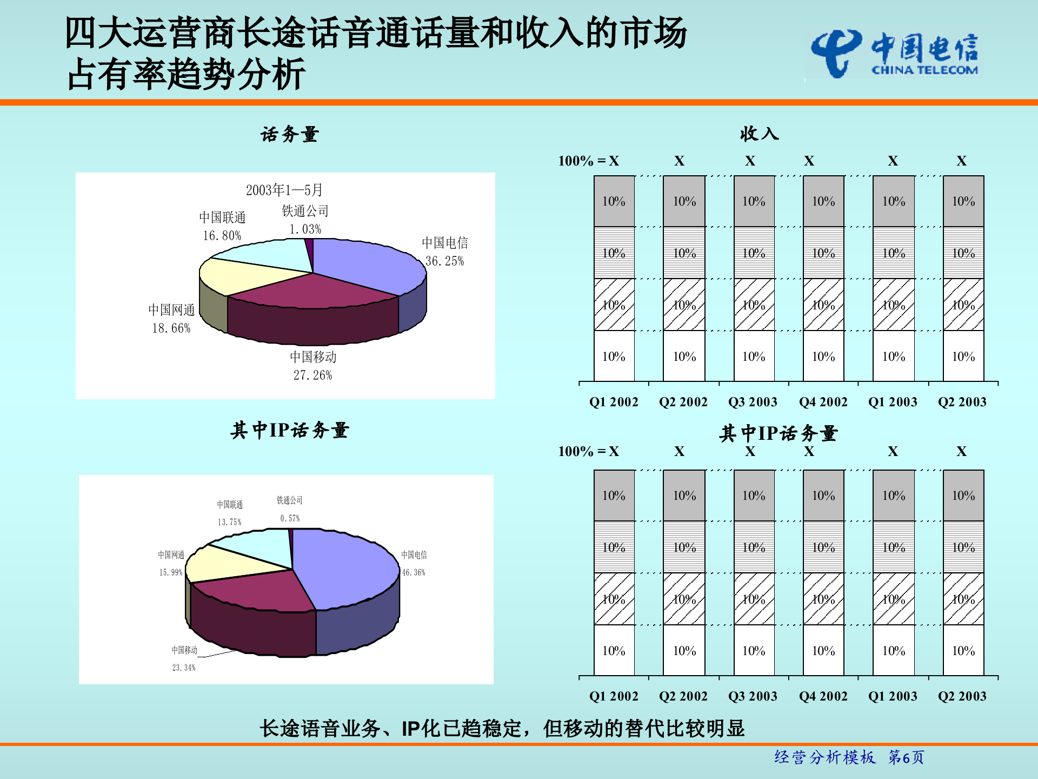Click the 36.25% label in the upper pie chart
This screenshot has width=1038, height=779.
click(444, 261)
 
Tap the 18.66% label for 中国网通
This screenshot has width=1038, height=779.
click(171, 328)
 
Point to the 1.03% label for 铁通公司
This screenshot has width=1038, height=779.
click(305, 229)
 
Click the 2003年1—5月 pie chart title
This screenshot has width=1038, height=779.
click(284, 190)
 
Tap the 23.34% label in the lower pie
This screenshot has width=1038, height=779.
click(184, 668)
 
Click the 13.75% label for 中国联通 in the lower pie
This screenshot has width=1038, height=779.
click(229, 522)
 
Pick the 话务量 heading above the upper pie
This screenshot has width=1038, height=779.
click(290, 134)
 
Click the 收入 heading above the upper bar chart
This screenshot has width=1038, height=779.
click(759, 134)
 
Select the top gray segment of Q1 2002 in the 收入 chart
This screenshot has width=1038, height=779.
click(614, 201)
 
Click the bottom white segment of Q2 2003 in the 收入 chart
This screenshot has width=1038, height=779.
click(963, 357)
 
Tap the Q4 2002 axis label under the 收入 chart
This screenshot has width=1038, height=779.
click(823, 402)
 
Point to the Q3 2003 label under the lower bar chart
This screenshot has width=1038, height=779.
click(753, 696)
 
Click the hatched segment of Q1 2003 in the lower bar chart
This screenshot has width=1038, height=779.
click(893, 599)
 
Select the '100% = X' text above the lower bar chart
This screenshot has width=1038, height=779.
click(588, 451)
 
